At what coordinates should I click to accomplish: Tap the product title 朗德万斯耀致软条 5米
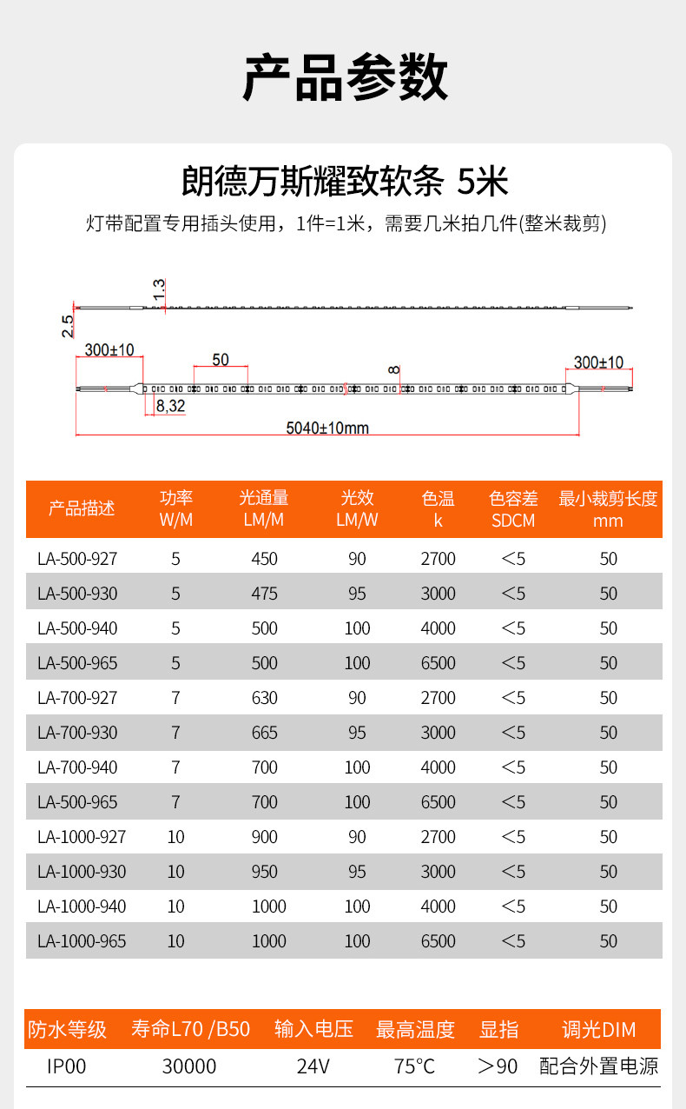click(344, 183)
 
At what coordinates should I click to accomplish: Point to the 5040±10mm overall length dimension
click(327, 428)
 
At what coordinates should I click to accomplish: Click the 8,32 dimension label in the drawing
click(170, 405)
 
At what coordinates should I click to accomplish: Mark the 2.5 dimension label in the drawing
click(68, 326)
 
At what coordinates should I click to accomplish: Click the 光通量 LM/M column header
click(264, 509)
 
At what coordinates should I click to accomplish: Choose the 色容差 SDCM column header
click(513, 509)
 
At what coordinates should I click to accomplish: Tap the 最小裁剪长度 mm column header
click(608, 509)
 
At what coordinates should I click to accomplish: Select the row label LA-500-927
click(77, 559)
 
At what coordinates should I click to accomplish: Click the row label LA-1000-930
click(82, 872)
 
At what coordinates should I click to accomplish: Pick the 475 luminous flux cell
click(264, 594)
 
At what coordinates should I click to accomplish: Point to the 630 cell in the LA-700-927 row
click(264, 698)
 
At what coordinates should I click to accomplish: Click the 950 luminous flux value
click(264, 872)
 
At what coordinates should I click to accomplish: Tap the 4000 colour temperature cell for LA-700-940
click(438, 767)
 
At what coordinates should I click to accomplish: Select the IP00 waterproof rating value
click(67, 1066)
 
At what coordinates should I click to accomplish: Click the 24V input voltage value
click(313, 1066)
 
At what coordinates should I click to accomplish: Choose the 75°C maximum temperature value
click(414, 1066)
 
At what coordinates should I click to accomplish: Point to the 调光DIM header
click(598, 1030)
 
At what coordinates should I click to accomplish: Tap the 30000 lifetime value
click(189, 1066)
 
